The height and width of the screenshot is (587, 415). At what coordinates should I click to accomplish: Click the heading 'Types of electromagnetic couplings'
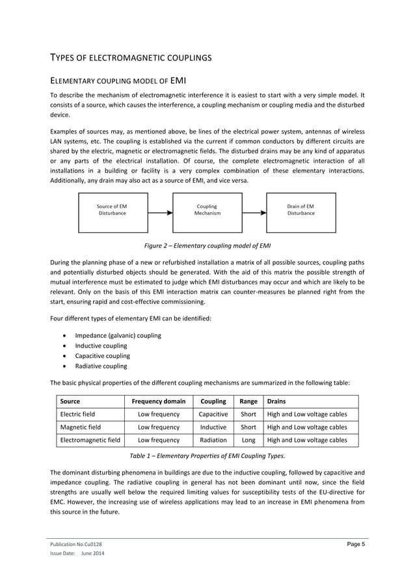(130, 58)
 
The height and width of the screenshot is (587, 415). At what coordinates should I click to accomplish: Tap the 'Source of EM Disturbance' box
(113, 210)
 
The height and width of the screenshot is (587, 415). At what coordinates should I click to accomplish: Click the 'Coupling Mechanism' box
(207, 210)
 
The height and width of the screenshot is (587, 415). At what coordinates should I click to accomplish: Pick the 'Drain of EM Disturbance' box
(301, 210)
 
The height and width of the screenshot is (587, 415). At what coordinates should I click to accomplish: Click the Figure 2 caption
(207, 245)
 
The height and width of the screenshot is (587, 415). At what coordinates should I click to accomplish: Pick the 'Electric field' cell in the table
(77, 414)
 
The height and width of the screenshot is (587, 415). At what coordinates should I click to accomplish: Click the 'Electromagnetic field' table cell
(90, 441)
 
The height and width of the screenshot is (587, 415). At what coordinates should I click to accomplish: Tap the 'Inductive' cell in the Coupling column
(213, 428)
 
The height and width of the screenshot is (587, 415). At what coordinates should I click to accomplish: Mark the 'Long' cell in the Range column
(248, 441)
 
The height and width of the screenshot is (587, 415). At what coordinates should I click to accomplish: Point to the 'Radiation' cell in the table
(213, 441)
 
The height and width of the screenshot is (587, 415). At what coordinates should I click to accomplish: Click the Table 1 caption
(207, 456)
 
